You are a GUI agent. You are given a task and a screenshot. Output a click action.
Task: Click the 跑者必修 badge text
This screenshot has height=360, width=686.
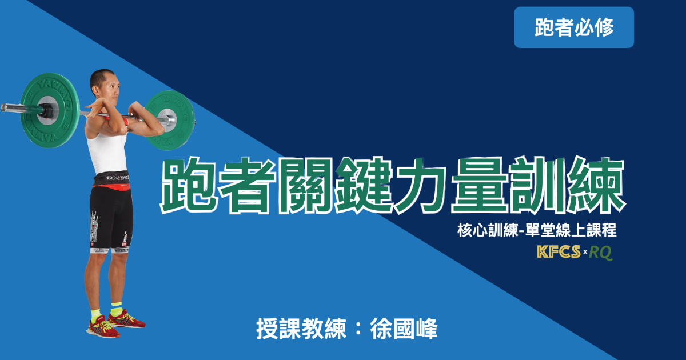pyautogui.click(x=574, y=27)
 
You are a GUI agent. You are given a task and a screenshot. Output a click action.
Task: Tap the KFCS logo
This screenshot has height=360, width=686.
pyautogui.click(x=559, y=251)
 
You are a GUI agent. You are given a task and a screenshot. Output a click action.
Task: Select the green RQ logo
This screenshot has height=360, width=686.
pyautogui.click(x=601, y=253)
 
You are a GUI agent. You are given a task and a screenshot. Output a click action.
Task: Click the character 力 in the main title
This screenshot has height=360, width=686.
pyautogui.click(x=422, y=186)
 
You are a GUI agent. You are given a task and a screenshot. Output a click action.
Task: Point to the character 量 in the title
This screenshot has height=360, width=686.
pyautogui.click(x=480, y=186)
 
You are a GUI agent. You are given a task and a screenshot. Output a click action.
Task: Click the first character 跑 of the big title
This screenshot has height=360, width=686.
pyautogui.click(x=189, y=186)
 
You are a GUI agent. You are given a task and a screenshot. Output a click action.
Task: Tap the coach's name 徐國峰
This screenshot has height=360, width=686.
pyautogui.click(x=404, y=329)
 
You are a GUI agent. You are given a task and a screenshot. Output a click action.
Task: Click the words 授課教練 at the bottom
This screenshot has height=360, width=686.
pyautogui.click(x=301, y=329)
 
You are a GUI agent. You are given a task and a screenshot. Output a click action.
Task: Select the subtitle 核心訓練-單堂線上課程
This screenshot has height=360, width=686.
pyautogui.click(x=537, y=230)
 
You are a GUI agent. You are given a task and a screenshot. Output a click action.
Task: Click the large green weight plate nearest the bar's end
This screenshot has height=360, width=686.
pyautogui.click(x=49, y=110)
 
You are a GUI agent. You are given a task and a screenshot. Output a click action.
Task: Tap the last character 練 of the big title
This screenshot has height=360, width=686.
pyautogui.click(x=596, y=186)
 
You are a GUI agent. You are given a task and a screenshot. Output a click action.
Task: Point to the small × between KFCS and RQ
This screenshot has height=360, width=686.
pyautogui.click(x=585, y=252)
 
